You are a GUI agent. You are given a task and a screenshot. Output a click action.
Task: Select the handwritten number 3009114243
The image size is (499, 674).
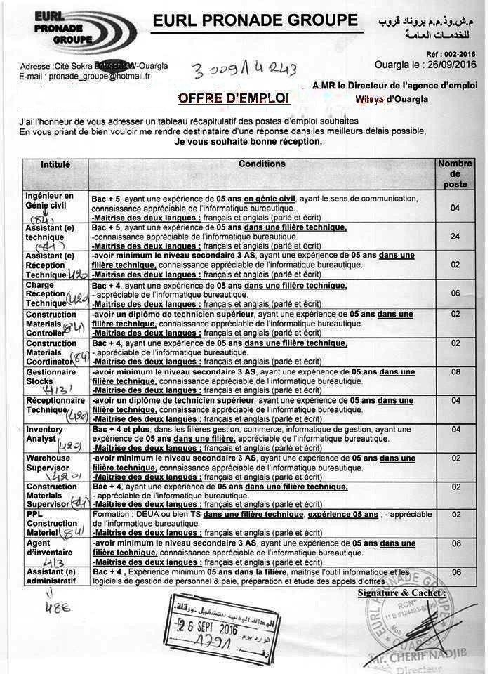pyautogui.click(x=244, y=69)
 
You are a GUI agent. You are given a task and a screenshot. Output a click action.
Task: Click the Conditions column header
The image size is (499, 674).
pyautogui.click(x=262, y=164)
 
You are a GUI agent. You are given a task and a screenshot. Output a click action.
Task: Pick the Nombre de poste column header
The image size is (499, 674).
pyautogui.click(x=455, y=173)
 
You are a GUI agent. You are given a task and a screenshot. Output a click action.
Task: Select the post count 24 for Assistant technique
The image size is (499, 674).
pyautogui.click(x=455, y=237)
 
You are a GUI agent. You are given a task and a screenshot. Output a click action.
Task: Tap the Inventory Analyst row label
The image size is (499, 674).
pyautogui.click(x=45, y=434)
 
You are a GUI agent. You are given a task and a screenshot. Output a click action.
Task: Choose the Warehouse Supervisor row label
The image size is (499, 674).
pyautogui.click(x=48, y=463)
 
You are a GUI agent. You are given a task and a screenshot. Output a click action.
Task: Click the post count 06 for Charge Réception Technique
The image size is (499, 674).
pyautogui.click(x=455, y=293)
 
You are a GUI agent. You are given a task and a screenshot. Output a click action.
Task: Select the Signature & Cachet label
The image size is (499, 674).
pyautogui.click(x=398, y=593)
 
